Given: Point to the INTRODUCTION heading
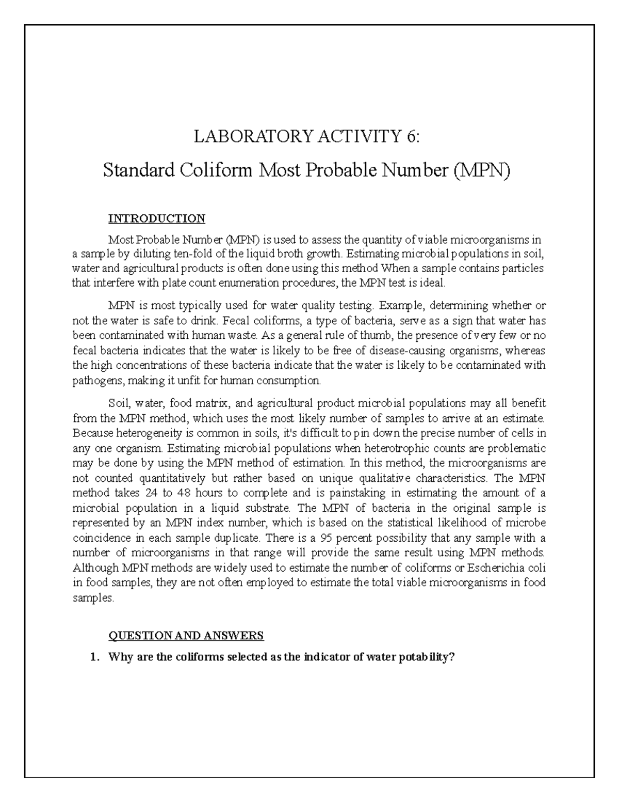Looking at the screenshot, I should pyautogui.click(x=156, y=218).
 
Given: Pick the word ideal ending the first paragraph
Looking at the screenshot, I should pyautogui.click(x=429, y=283).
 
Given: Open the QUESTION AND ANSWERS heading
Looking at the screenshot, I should pyautogui.click(x=186, y=635).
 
